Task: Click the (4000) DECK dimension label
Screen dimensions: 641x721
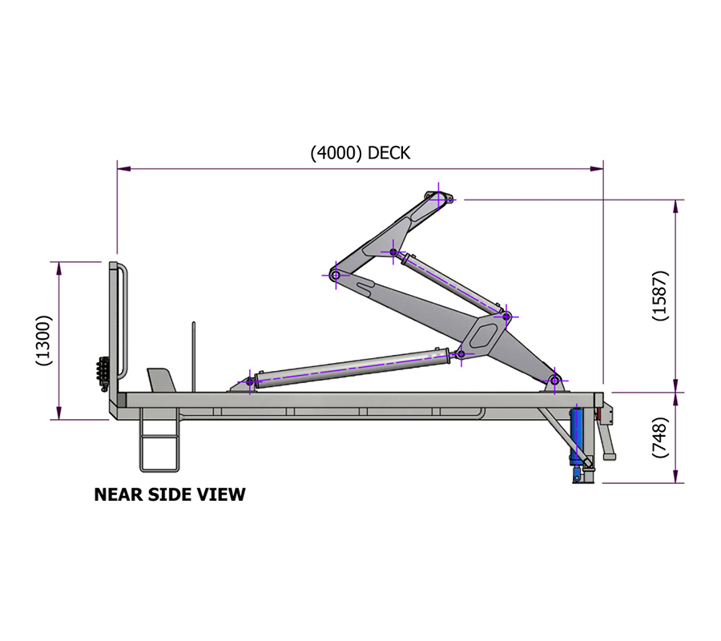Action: pyautogui.click(x=360, y=153)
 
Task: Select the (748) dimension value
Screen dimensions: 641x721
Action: pyautogui.click(x=661, y=437)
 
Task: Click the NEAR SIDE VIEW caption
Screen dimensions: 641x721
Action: pyautogui.click(x=170, y=494)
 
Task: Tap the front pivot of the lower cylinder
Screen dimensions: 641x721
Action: pyautogui.click(x=250, y=381)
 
